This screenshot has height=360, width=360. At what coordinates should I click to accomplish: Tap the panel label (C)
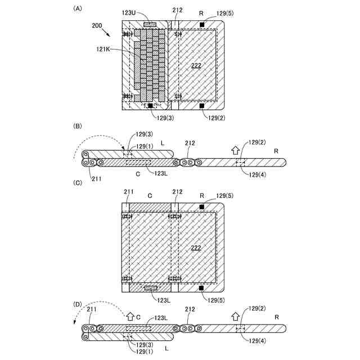[x=78, y=183]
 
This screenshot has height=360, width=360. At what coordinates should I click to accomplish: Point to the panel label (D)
[x=78, y=304]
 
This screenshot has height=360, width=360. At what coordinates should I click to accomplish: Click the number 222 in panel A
[x=196, y=66]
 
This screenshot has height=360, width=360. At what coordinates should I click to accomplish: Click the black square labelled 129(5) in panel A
[x=202, y=25]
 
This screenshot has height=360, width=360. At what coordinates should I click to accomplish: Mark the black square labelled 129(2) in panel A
[x=202, y=105]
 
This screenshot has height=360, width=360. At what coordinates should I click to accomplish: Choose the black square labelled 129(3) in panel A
[x=151, y=105]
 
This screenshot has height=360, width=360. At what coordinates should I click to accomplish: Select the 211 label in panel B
[x=96, y=179]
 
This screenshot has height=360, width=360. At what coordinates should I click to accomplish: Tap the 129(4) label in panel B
[x=258, y=174]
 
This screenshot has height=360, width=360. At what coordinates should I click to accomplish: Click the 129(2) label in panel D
[x=258, y=309]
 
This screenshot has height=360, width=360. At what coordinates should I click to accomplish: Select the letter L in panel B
[x=163, y=143]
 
